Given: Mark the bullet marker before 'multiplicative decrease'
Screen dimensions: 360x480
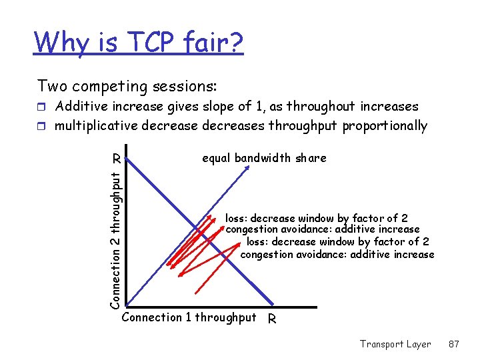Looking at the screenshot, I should [x=43, y=126].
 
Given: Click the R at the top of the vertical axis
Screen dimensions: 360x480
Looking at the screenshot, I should [x=116, y=159].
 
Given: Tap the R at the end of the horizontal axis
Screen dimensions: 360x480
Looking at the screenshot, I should [x=271, y=319].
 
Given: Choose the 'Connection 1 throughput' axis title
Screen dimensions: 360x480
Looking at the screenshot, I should [x=189, y=317].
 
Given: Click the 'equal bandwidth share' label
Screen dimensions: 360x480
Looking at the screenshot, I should [x=264, y=158].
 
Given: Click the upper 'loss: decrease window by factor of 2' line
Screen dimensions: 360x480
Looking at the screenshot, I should [x=317, y=218].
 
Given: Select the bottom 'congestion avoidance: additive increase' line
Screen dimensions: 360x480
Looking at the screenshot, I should [x=337, y=254].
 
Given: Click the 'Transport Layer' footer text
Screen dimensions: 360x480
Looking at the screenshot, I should [x=395, y=344].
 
